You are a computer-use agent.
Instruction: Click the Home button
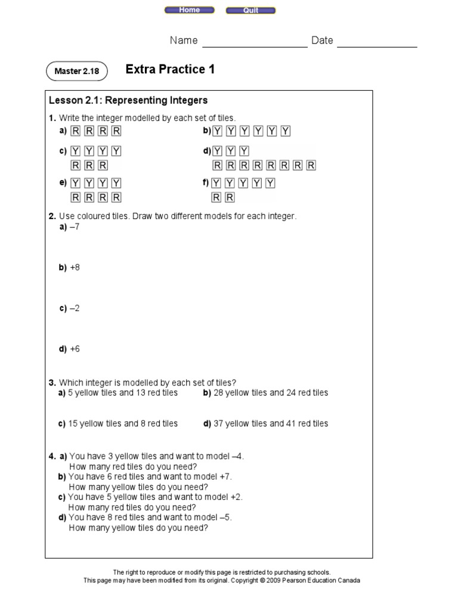point(190,10)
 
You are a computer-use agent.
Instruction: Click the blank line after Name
point(255,43)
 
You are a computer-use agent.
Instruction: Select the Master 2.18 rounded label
point(76,72)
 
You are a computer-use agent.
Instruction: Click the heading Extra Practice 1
point(170,70)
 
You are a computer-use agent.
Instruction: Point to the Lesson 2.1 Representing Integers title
point(128,100)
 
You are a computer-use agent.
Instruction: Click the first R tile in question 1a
point(76,131)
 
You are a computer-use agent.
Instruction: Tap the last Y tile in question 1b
point(286,131)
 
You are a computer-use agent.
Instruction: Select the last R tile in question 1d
point(311,165)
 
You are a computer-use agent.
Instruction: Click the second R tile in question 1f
point(230,198)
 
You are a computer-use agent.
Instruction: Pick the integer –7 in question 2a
point(75,227)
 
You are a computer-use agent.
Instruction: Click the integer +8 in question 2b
point(75,267)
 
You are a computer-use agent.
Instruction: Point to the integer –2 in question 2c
point(75,308)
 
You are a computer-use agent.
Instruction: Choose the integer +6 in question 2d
point(75,349)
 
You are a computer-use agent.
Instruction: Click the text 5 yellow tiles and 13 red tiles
point(123,393)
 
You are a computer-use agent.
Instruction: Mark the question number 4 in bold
point(52,456)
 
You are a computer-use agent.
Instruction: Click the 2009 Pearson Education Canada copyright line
point(221,580)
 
